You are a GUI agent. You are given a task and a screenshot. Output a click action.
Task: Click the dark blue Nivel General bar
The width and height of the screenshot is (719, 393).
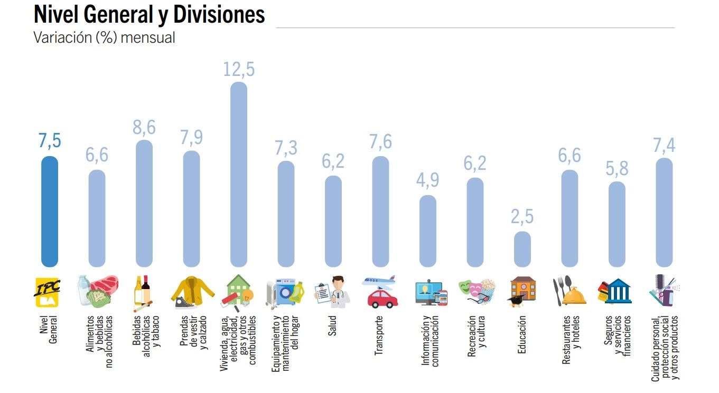pyautogui.click(x=49, y=211)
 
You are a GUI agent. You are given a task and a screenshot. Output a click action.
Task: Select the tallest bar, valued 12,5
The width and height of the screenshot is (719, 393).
pyautogui.click(x=239, y=174)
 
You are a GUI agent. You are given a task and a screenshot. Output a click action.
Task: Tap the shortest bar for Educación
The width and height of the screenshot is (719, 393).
pyautogui.click(x=522, y=249)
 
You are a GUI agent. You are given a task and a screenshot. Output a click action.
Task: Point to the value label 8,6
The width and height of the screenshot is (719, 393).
pyautogui.click(x=144, y=128)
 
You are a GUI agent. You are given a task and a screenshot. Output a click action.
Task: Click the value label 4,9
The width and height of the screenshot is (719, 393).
pyautogui.click(x=428, y=180)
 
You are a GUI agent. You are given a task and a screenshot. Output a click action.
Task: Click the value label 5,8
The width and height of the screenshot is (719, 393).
pyautogui.click(x=617, y=169)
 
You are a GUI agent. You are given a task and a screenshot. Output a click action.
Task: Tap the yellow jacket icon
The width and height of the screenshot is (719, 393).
pyautogui.click(x=193, y=290)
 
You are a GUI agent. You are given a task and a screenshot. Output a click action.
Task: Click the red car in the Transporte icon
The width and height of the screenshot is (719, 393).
pyautogui.click(x=382, y=298)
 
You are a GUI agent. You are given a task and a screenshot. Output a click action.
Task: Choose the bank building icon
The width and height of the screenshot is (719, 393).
pyautogui.click(x=618, y=291)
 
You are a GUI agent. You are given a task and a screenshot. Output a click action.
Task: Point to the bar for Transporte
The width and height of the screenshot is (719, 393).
pyautogui.click(x=381, y=211)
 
